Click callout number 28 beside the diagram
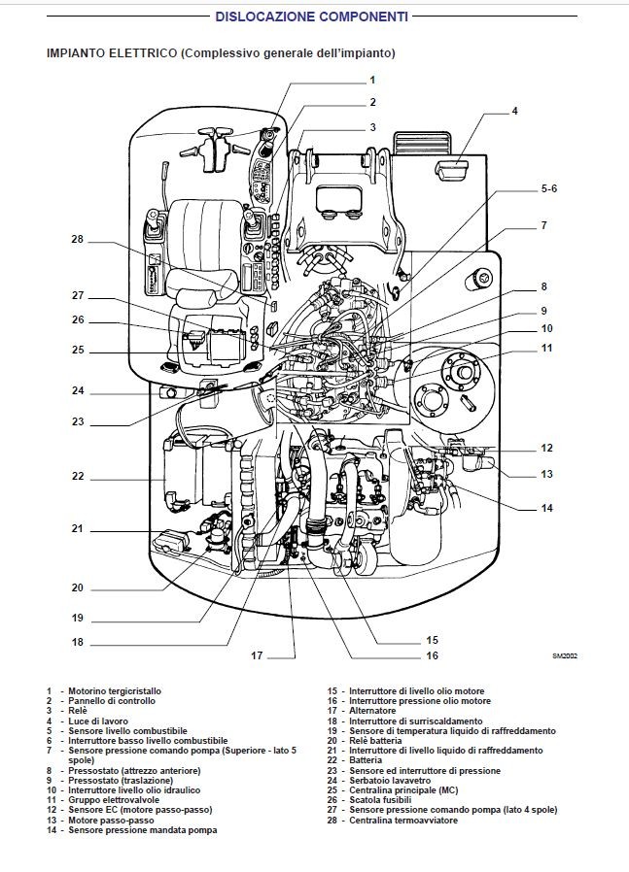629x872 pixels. point(78,239)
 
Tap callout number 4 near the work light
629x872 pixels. point(514,111)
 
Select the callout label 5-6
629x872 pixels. point(548,187)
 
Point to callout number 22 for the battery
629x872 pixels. point(78,476)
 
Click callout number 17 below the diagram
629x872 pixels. point(257,655)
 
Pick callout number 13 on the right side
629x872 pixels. point(547,474)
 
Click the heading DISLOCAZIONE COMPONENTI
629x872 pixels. point(311,17)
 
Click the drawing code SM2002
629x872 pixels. point(566,656)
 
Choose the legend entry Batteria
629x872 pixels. point(367,760)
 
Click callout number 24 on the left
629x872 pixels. point(78,391)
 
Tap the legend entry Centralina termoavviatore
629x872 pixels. point(401,821)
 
